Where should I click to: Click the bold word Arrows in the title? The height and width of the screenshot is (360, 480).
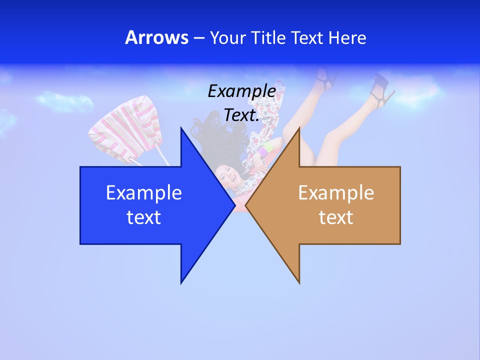156,37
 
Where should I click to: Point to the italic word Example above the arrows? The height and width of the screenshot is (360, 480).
241,91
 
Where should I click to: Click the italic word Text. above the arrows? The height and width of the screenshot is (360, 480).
241,115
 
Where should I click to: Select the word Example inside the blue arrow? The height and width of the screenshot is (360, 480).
144,193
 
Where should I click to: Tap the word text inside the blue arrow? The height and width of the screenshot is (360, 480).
144,217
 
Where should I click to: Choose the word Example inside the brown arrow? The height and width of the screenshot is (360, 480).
336,193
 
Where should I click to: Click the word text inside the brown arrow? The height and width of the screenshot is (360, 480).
336,217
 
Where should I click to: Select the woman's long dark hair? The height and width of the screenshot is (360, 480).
210,135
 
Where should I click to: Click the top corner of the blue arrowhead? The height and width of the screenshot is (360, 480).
181,129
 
